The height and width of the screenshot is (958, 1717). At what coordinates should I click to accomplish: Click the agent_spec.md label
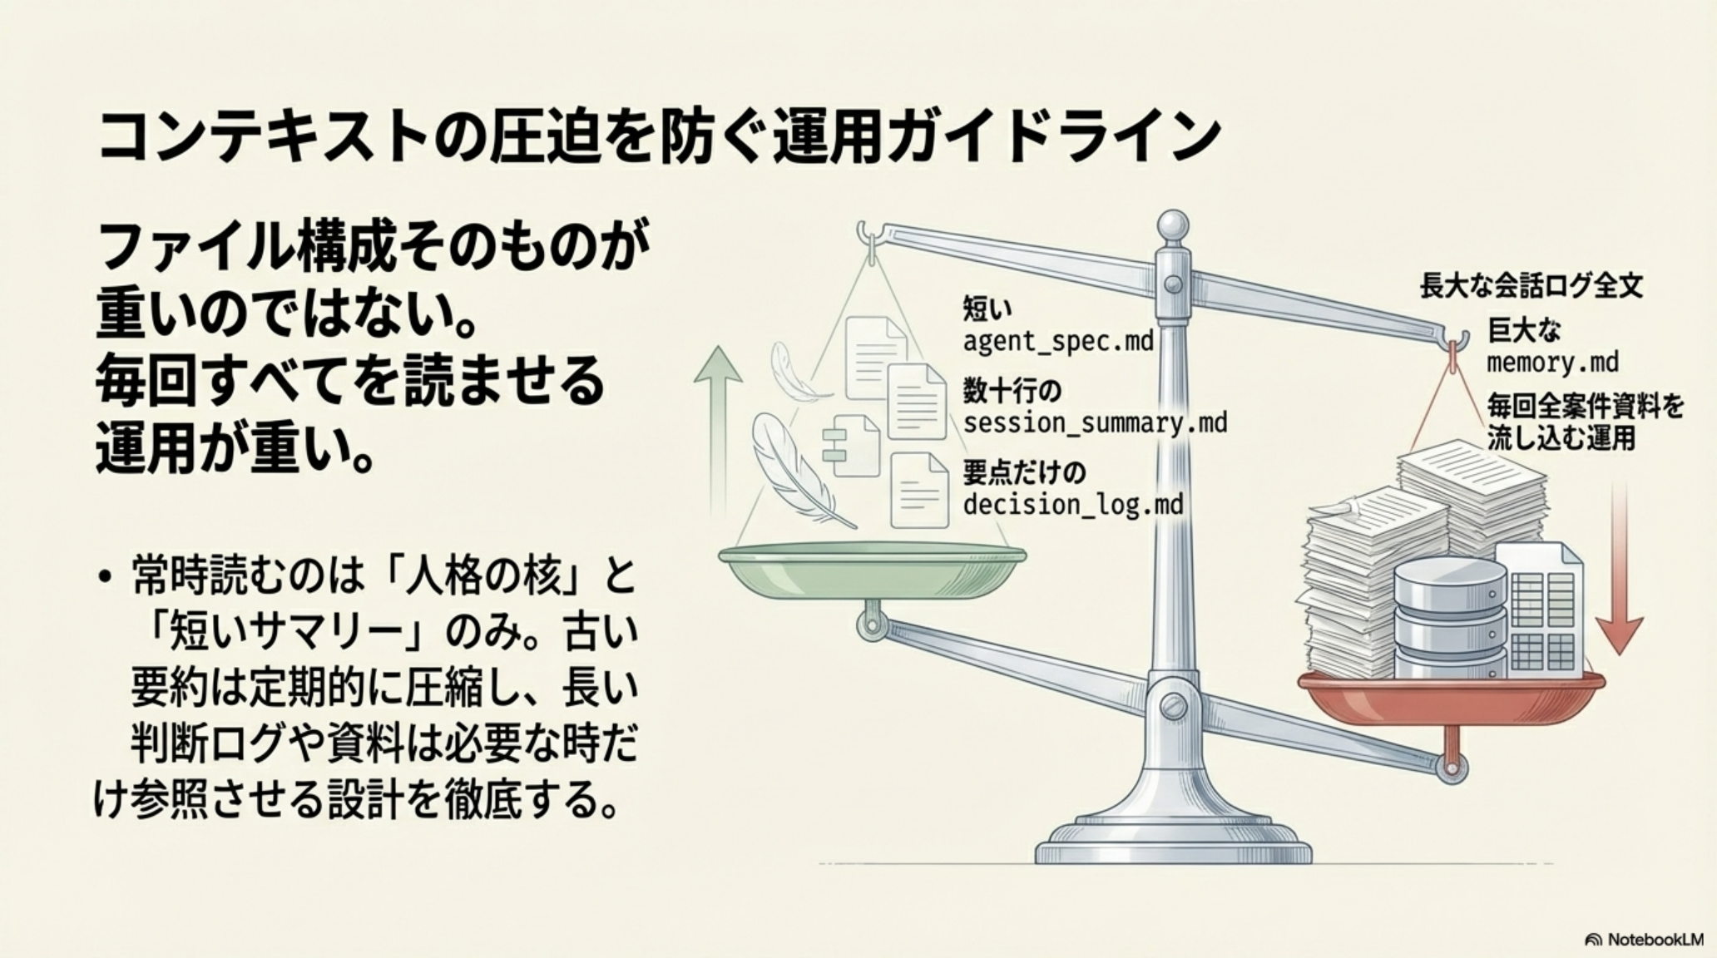click(1058, 342)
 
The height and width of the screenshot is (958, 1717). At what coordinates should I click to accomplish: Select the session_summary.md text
click(1095, 422)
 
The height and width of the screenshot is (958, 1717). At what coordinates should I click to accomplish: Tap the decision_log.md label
click(1073, 505)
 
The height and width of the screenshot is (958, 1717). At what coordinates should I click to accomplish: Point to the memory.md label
click(1552, 363)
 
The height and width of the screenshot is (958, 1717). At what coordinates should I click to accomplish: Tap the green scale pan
click(872, 569)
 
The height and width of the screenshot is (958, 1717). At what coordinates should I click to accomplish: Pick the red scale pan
click(1452, 696)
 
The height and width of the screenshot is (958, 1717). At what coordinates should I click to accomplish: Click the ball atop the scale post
click(1174, 225)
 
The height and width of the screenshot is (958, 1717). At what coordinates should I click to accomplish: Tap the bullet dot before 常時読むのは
click(103, 577)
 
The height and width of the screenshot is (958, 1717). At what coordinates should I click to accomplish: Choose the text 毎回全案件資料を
click(1586, 407)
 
